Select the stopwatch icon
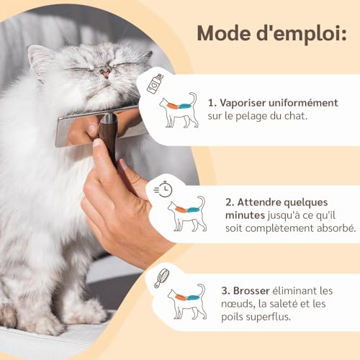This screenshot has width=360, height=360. pos(163,189)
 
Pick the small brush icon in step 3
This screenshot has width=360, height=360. pos(161,278)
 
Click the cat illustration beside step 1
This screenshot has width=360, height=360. pos(179,111)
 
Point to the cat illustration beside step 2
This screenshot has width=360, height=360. pos(187,213)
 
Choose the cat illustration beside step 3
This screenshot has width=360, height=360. pos(186,302)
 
